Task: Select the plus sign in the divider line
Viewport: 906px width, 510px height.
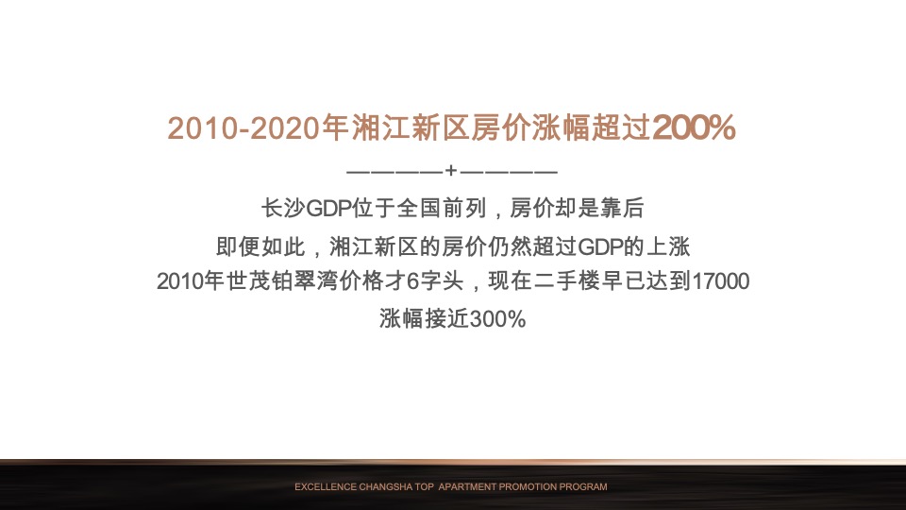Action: pos(452,172)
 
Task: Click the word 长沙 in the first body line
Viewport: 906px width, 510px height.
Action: pos(282,208)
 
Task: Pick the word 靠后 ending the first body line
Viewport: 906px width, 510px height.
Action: pos(623,208)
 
